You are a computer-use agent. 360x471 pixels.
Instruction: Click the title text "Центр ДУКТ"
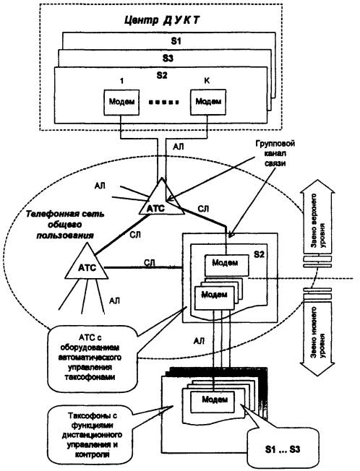162,20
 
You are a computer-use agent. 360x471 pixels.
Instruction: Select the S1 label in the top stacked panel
176,40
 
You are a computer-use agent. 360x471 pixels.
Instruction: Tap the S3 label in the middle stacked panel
168,58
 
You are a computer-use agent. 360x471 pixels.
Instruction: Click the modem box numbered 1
121,102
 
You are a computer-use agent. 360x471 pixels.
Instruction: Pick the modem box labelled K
208,102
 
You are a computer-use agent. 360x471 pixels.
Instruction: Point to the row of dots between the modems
165,103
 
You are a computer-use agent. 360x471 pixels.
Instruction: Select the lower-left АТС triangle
87,261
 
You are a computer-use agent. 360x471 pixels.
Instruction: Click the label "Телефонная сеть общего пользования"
65,225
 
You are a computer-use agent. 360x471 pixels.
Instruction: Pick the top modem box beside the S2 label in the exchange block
227,265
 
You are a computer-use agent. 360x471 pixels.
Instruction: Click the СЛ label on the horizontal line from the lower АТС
150,262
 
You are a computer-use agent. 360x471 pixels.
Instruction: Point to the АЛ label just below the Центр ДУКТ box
179,147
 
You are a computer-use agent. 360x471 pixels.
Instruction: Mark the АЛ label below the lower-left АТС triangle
114,301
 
